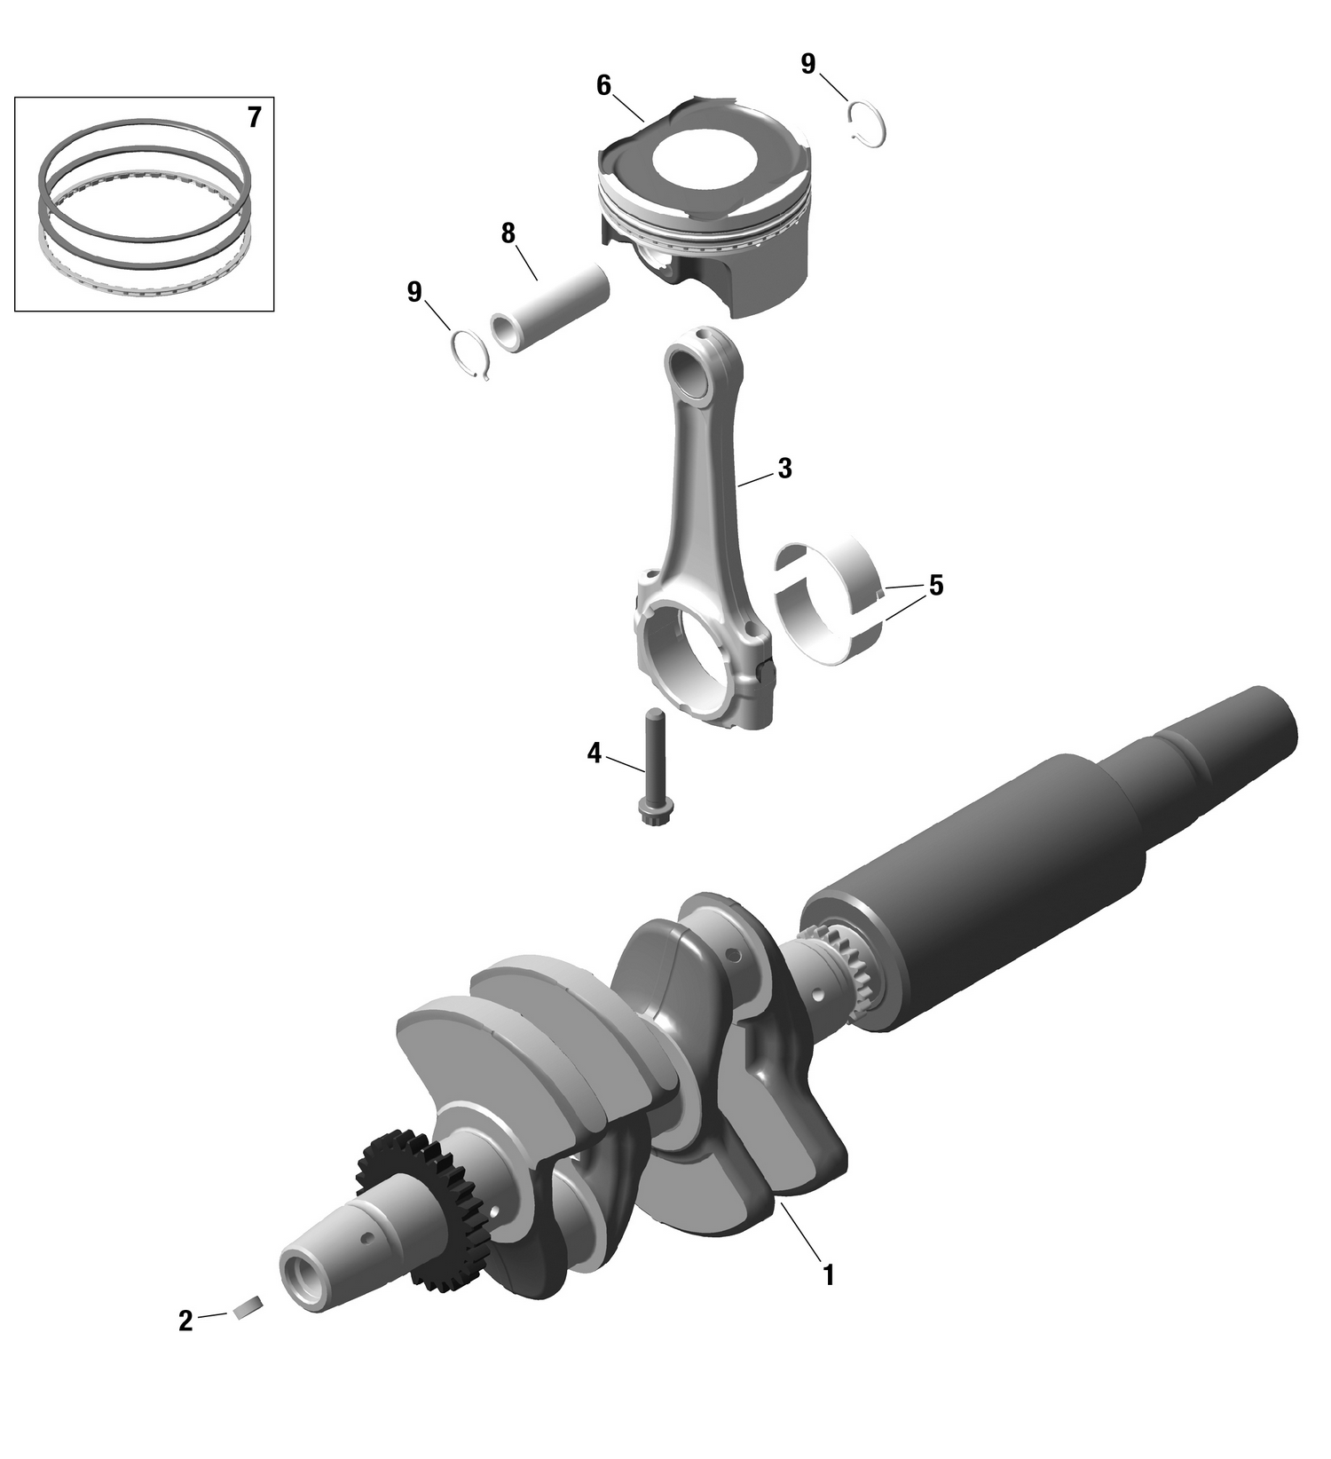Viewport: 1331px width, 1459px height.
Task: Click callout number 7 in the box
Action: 254,118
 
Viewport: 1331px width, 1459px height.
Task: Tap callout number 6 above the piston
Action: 604,86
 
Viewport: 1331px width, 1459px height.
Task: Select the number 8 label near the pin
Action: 508,234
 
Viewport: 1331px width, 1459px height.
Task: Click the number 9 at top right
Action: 807,64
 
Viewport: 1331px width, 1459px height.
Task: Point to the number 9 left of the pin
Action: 414,292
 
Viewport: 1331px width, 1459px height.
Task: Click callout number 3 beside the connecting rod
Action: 784,469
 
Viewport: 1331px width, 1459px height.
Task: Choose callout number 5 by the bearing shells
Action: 935,586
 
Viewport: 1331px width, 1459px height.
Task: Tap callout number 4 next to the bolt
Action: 594,753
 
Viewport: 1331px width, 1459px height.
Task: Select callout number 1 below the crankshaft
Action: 828,1275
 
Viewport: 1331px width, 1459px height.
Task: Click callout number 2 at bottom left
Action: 185,1321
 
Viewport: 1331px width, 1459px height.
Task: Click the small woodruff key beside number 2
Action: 248,1307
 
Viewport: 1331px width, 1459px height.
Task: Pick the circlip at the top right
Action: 867,124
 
